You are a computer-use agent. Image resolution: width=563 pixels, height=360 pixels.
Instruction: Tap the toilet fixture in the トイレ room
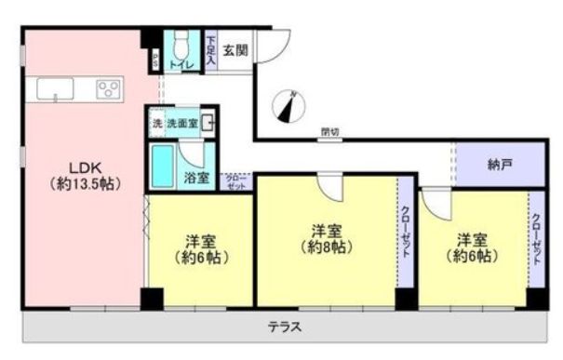tap(182, 44)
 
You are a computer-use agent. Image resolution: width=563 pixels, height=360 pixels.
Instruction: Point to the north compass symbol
tap(288, 106)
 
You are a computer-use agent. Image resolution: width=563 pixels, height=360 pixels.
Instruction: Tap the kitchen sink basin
tap(56, 90)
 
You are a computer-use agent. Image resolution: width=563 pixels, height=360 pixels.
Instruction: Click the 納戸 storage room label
tap(500, 164)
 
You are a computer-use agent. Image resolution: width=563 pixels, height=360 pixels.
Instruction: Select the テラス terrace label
tap(283, 327)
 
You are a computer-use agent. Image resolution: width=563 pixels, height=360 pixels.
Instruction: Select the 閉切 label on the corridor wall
tap(328, 131)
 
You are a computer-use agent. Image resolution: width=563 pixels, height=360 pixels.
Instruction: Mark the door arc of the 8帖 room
tap(330, 191)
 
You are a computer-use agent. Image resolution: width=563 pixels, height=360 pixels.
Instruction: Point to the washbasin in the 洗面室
tap(209, 122)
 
